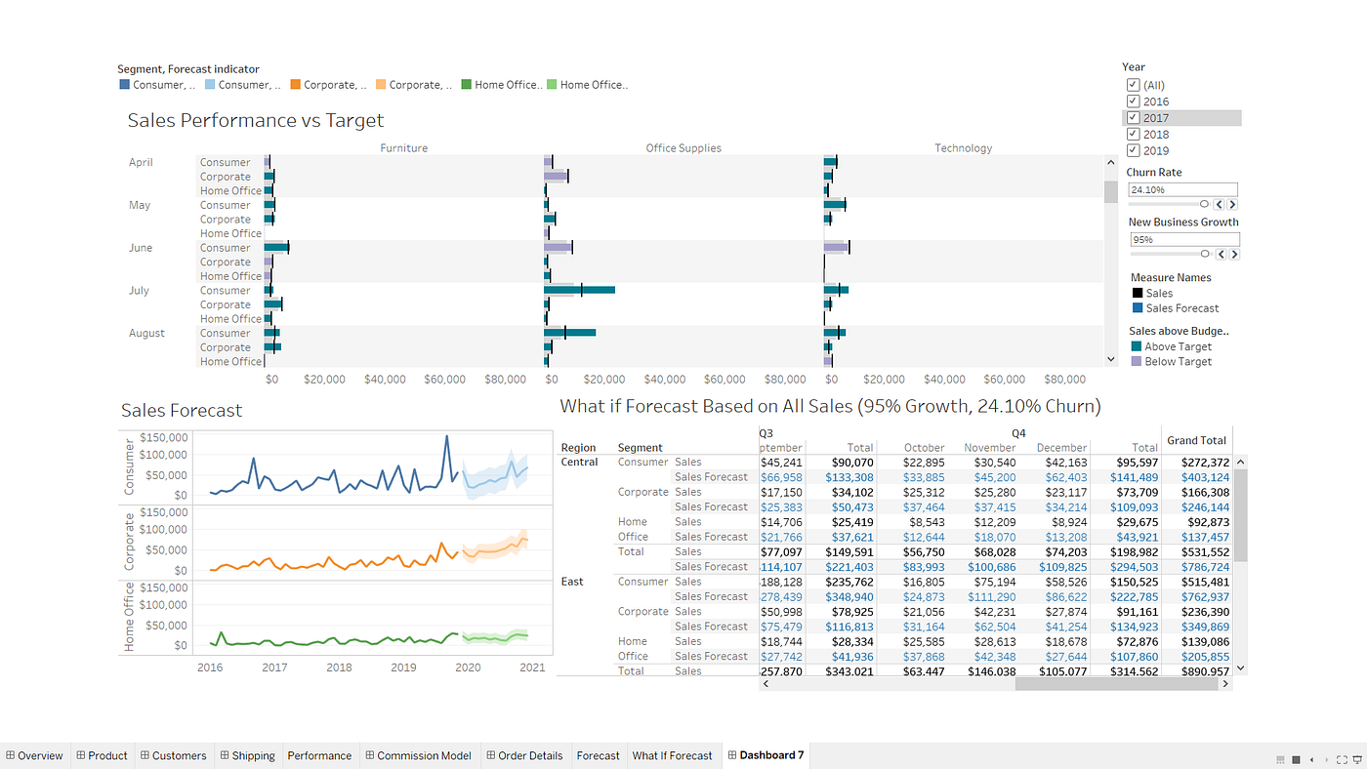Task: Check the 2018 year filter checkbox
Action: (1133, 134)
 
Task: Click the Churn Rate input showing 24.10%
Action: (1182, 189)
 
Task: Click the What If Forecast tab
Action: (672, 755)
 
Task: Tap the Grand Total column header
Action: (1196, 440)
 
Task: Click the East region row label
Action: (572, 582)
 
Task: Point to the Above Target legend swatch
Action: (1137, 346)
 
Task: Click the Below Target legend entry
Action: (1178, 361)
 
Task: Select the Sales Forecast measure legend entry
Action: (1181, 308)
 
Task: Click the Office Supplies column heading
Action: (683, 148)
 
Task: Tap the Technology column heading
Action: (963, 148)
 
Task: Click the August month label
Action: (146, 333)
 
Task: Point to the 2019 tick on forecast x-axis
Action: (403, 668)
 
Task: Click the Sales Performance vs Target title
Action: (256, 121)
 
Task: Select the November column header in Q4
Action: (989, 448)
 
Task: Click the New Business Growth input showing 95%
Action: (1183, 239)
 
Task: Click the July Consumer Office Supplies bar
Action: (578, 290)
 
